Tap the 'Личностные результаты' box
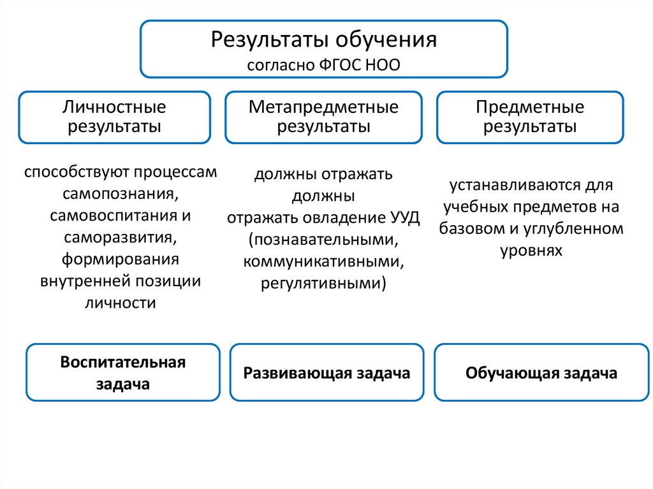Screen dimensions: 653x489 pos(114,117)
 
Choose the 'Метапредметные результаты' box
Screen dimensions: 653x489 pos(323,117)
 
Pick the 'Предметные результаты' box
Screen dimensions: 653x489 pos(530,117)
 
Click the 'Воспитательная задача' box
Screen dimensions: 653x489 pos(123,373)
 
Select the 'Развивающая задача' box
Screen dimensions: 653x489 pos(326,373)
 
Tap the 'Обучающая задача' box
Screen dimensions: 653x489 pos(541,373)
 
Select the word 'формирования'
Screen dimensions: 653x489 pos(120,259)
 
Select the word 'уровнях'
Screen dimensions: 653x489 pos(531,250)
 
